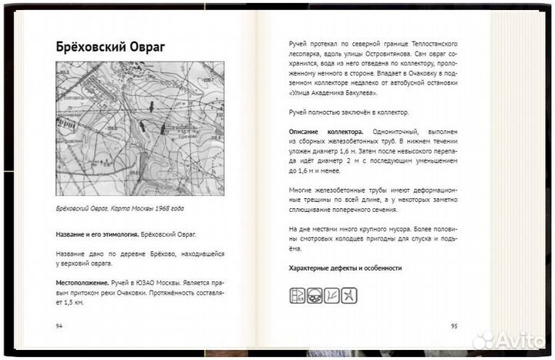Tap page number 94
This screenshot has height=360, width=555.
60,326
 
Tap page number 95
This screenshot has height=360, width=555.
453,326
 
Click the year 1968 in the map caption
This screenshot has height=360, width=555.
157,209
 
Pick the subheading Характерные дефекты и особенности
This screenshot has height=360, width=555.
345,268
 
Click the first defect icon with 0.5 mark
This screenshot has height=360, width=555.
298,295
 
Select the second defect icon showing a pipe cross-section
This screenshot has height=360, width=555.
314,295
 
